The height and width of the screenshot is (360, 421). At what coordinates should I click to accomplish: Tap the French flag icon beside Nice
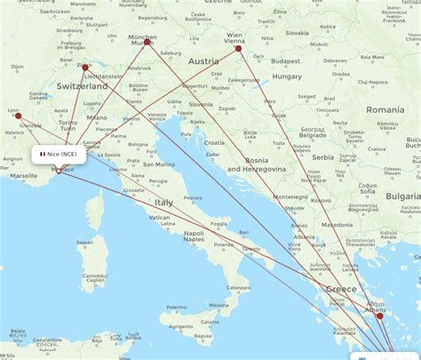click(42, 154)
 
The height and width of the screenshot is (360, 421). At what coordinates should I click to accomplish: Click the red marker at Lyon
click(18, 116)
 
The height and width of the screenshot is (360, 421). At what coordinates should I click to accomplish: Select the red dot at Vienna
click(238, 48)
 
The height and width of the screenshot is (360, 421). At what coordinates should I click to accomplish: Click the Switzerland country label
click(82, 86)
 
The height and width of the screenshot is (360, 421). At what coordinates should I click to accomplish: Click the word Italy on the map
click(164, 203)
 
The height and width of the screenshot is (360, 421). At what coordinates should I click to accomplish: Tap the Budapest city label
click(287, 60)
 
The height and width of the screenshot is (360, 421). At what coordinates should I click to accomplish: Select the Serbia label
click(322, 157)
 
